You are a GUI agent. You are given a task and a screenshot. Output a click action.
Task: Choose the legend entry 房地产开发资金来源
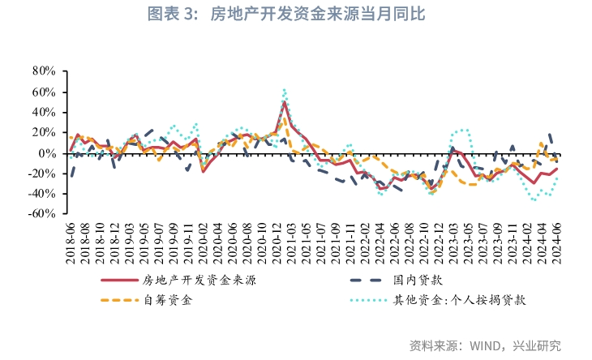tap(204, 281)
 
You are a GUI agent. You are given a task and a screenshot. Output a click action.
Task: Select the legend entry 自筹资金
tap(169, 300)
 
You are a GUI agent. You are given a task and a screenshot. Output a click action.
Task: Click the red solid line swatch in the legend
tap(118, 281)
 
